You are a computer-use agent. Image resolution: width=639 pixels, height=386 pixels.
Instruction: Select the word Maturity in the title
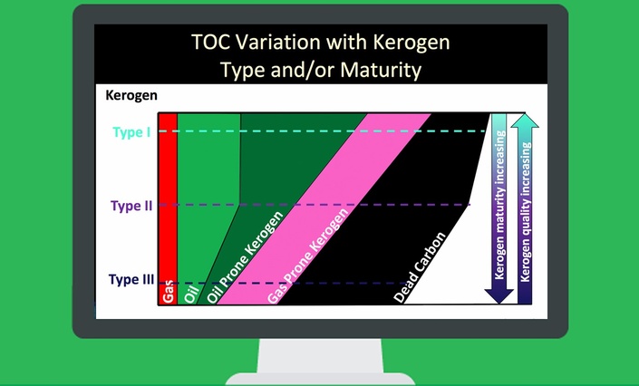pyautogui.click(x=381, y=70)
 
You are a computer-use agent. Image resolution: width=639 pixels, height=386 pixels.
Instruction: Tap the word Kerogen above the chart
pyautogui.click(x=131, y=95)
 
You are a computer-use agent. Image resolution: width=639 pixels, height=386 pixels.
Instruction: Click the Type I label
pyautogui.click(x=131, y=132)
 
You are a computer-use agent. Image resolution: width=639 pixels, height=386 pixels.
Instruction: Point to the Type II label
pyautogui.click(x=131, y=206)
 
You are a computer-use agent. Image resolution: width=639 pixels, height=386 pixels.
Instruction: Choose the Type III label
pyautogui.click(x=131, y=280)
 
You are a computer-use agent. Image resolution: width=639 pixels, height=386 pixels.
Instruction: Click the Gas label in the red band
pyautogui.click(x=168, y=292)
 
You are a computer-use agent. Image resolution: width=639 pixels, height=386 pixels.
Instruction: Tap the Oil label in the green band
pyautogui.click(x=191, y=294)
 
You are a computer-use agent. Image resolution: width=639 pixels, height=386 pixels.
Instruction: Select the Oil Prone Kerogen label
pyautogui.click(x=245, y=257)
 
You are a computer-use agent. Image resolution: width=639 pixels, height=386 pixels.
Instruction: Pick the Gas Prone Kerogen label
pyautogui.click(x=307, y=256)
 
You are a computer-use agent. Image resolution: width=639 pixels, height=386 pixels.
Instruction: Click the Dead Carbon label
pyautogui.click(x=420, y=267)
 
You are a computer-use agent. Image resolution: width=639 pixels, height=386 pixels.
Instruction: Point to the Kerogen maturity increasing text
pyautogui.click(x=499, y=205)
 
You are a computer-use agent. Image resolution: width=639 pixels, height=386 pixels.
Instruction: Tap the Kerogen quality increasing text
pyautogui.click(x=526, y=212)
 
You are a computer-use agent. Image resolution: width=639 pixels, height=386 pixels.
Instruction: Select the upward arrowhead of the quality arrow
pyautogui.click(x=525, y=120)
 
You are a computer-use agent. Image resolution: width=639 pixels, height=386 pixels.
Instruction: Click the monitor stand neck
pyautogui.click(x=320, y=355)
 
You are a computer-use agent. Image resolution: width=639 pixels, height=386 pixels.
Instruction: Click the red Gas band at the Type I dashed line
pyautogui.click(x=168, y=131)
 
